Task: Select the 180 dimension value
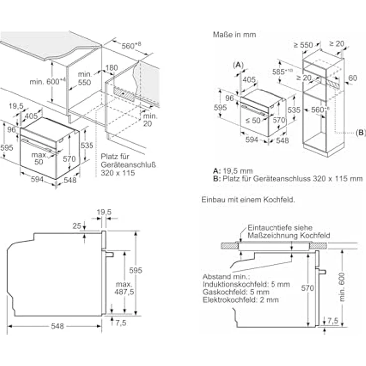pyautogui.click(x=112, y=67)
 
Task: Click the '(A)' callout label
pyautogui.click(x=238, y=65)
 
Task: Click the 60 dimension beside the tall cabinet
pyautogui.click(x=353, y=78)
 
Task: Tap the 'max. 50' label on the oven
pyautogui.click(x=39, y=158)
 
